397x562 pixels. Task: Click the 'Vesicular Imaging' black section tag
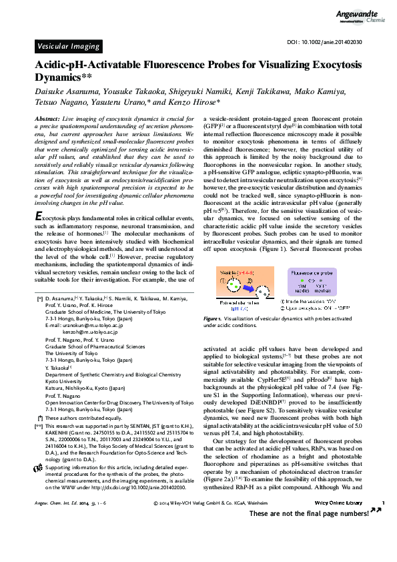(x=67, y=46)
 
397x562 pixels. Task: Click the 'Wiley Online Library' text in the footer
(x=337, y=539)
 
